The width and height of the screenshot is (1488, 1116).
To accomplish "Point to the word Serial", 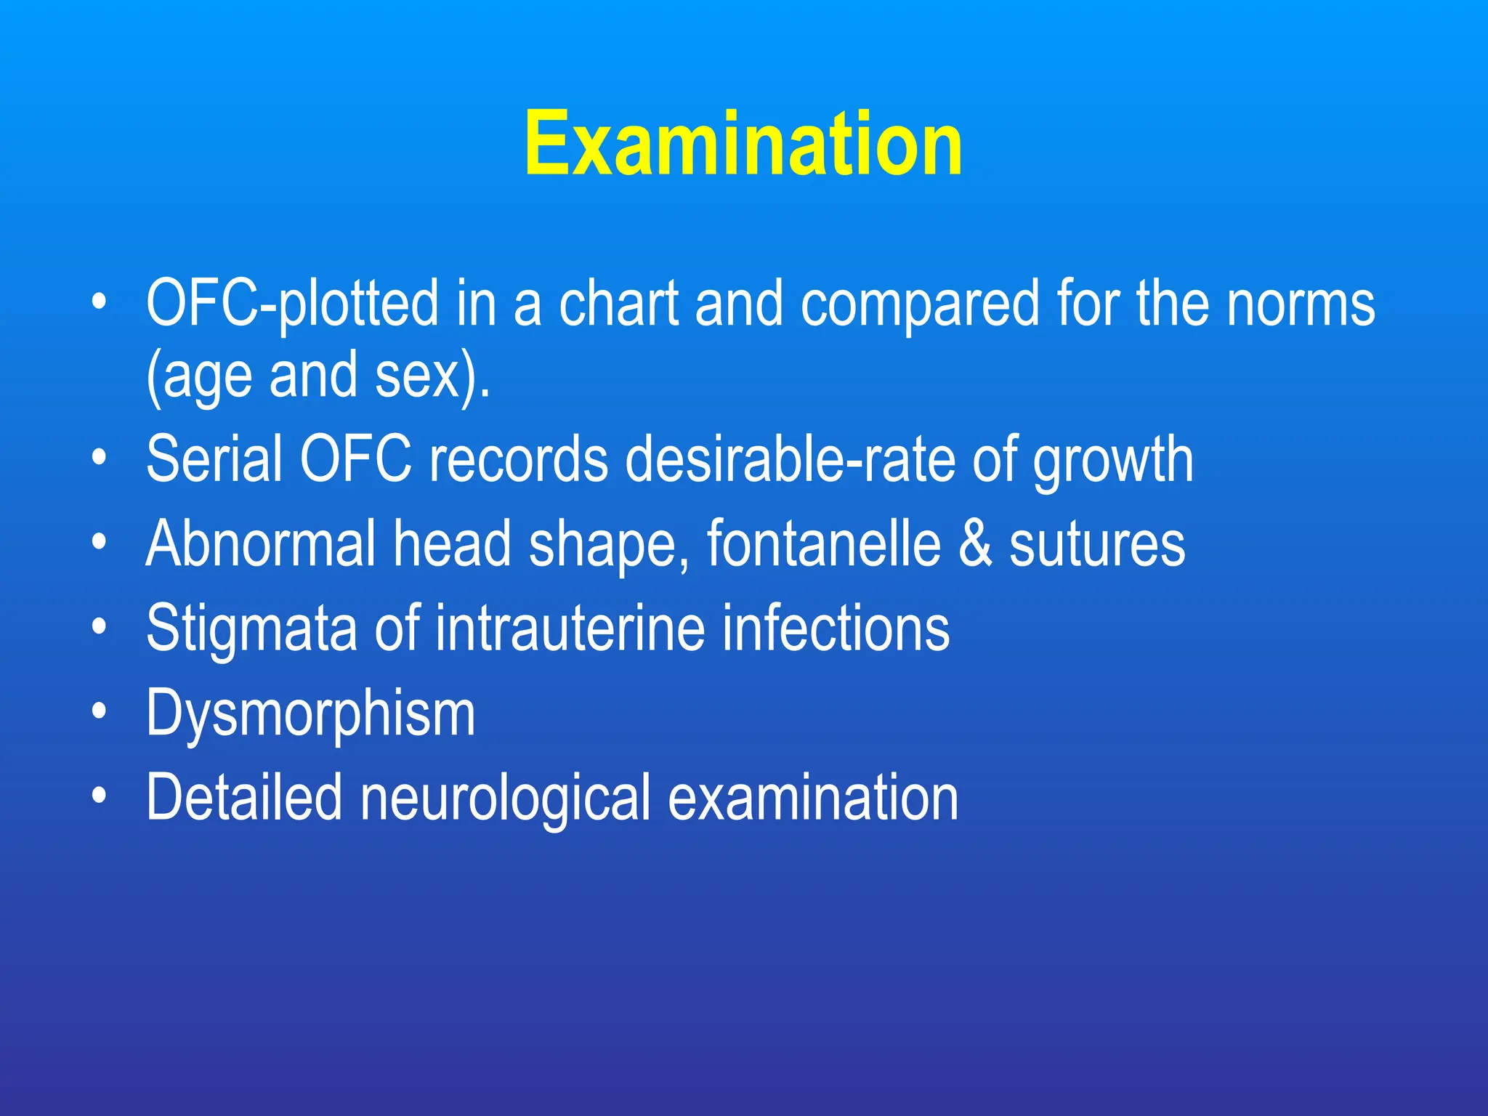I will click(x=214, y=458).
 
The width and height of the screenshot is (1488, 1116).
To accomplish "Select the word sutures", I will click(x=1097, y=545).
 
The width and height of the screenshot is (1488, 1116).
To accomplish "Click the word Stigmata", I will click(x=251, y=628).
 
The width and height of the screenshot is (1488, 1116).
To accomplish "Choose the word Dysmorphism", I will click(x=311, y=714).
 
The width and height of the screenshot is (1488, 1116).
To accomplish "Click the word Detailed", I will click(x=244, y=798).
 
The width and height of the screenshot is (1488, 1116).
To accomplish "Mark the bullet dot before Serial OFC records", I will click(x=100, y=457).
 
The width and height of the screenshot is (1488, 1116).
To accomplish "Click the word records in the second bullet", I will click(x=518, y=458).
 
